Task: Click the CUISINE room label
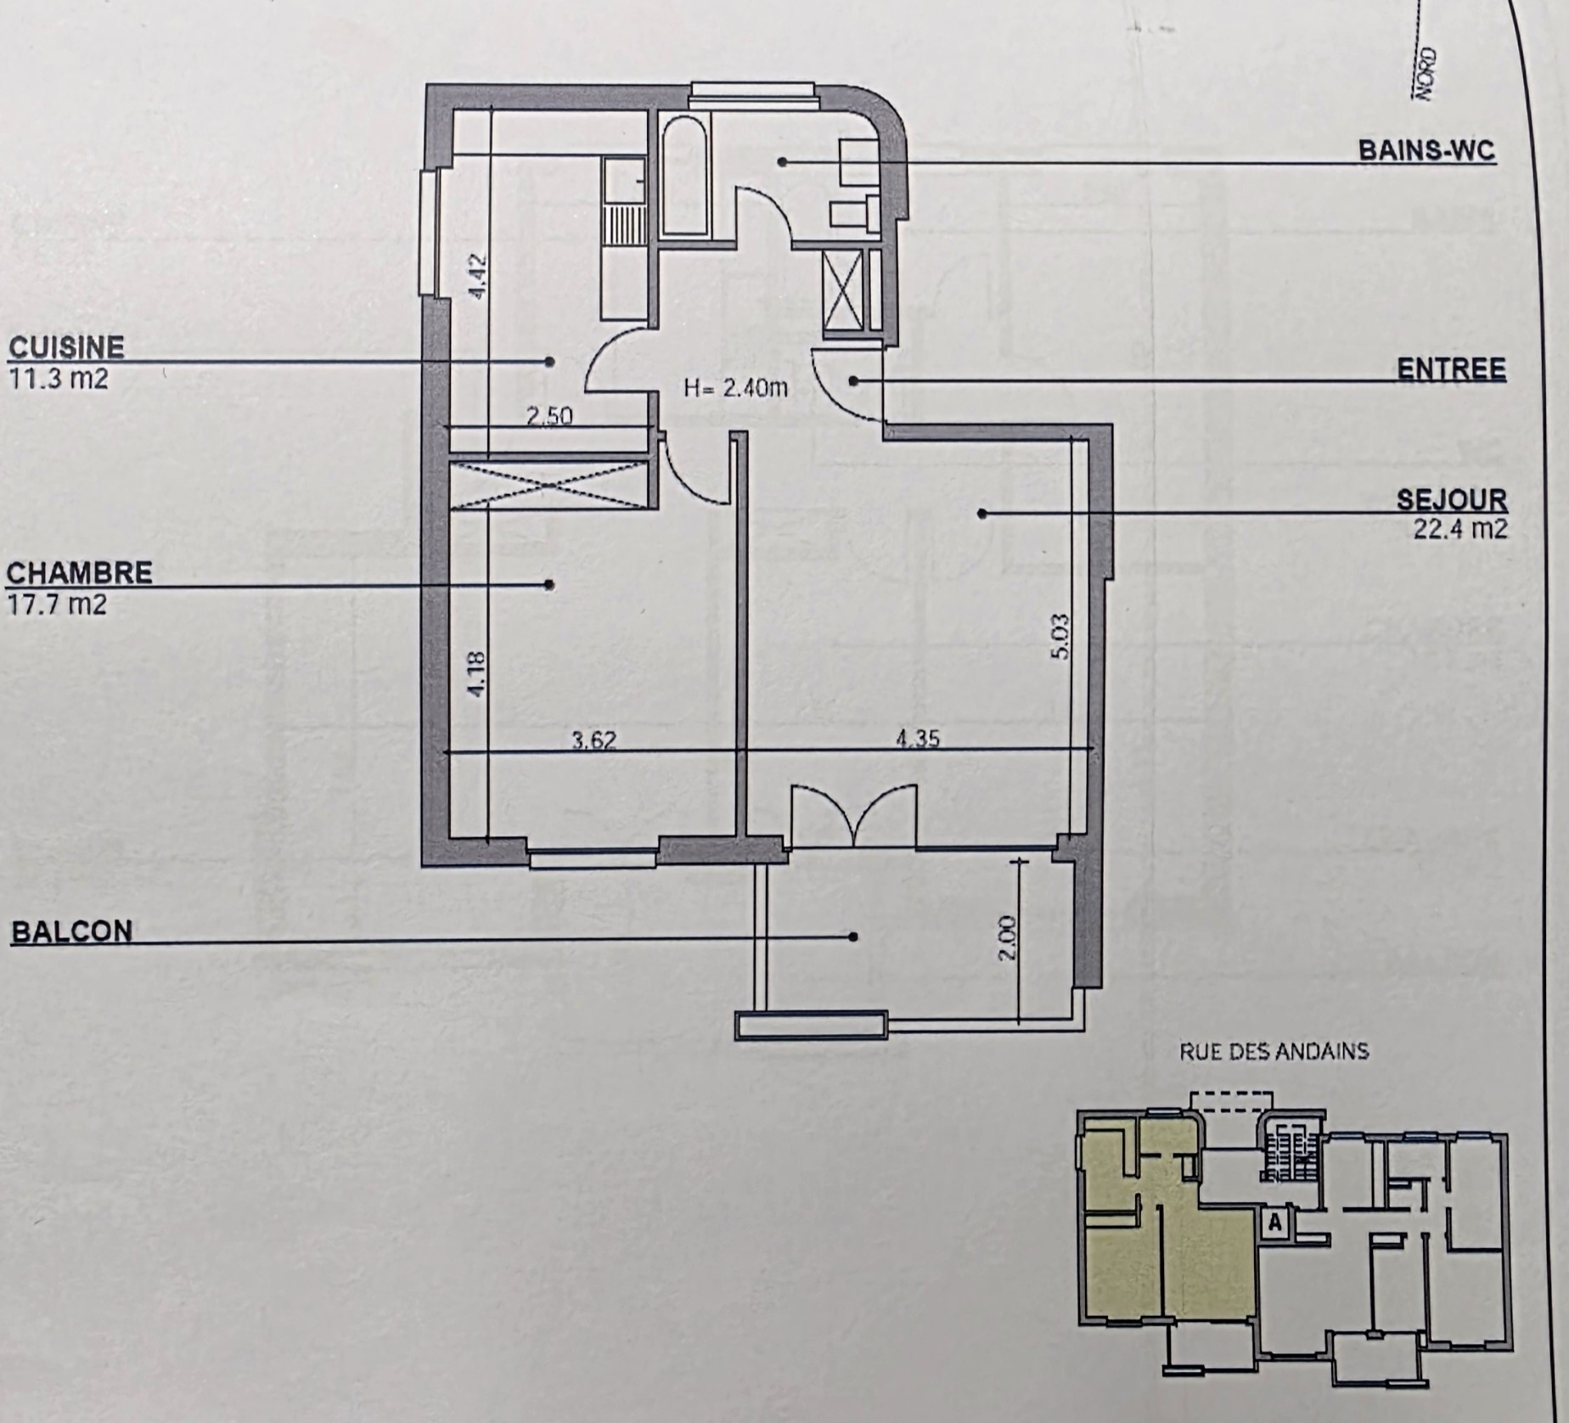(x=66, y=347)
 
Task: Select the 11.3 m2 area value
(x=58, y=378)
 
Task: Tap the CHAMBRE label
(x=79, y=573)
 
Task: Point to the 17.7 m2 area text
(x=56, y=605)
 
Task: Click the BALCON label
(x=71, y=932)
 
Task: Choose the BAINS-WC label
(x=1426, y=150)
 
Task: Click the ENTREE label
(x=1452, y=369)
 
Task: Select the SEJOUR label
(x=1452, y=499)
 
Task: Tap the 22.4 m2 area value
(x=1460, y=529)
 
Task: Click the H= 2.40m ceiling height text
(x=735, y=389)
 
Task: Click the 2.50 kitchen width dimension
(x=549, y=416)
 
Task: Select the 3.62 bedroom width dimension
(x=593, y=740)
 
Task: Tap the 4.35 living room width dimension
(x=918, y=739)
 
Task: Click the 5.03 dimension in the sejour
(x=1060, y=636)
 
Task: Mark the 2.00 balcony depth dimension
(x=1006, y=937)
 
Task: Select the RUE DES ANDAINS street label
(x=1274, y=1052)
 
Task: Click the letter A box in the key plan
(x=1274, y=1223)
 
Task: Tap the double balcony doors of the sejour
(x=853, y=817)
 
